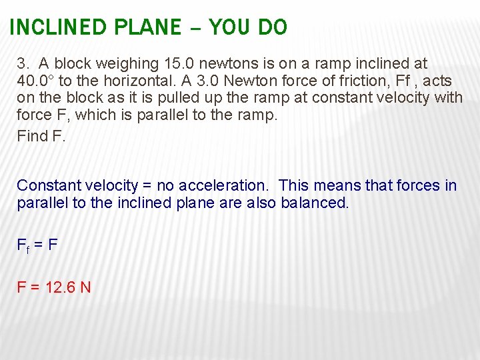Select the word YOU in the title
pos(226,27)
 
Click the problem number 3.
pos(24,64)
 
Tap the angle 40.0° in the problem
pos(36,81)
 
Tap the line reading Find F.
pos(41,137)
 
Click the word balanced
pos(313,203)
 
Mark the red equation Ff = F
pos(37,245)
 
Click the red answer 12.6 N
pos(67,287)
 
